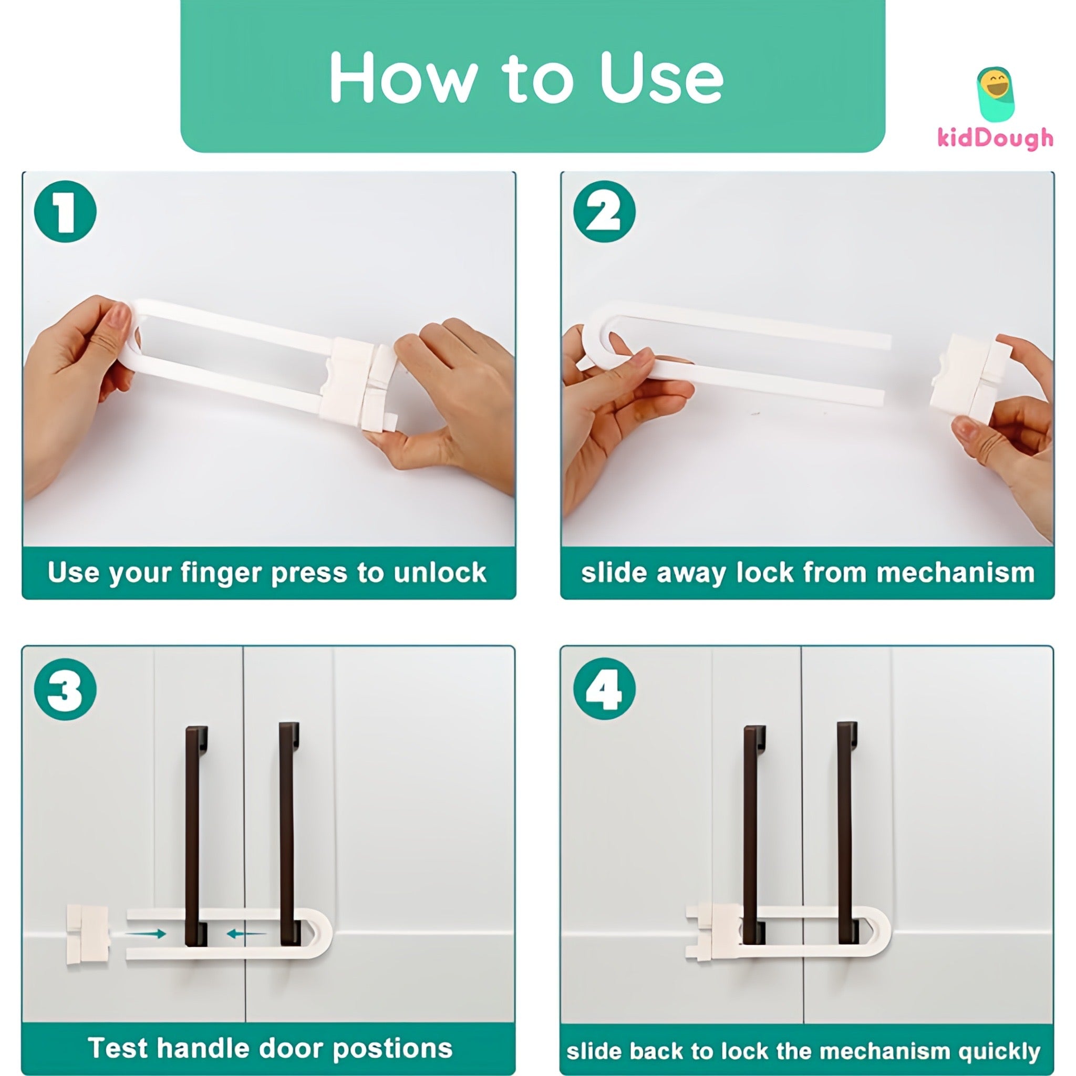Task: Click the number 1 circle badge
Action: pyautogui.click(x=65, y=212)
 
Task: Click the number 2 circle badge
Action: pyautogui.click(x=604, y=212)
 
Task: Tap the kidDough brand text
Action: pyautogui.click(x=995, y=138)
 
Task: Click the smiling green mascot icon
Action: pyautogui.click(x=995, y=95)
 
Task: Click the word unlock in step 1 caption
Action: pyautogui.click(x=439, y=573)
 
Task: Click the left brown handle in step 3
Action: pyautogui.click(x=196, y=835)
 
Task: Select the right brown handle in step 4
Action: pyautogui.click(x=846, y=835)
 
